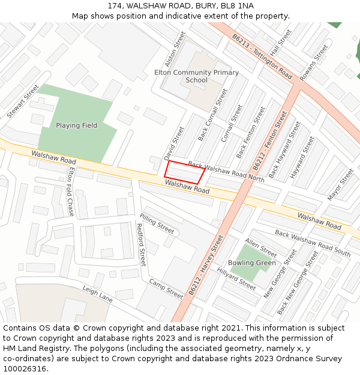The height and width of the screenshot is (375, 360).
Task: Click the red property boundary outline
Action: click(x=185, y=172)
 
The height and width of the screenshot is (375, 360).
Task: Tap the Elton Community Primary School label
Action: click(x=196, y=76)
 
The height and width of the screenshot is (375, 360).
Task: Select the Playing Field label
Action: click(x=76, y=125)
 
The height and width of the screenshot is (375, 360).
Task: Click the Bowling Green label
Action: click(x=252, y=263)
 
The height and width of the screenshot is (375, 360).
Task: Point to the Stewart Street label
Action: click(x=23, y=101)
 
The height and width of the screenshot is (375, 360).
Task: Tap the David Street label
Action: click(x=175, y=143)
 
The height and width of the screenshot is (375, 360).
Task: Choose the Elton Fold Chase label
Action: click(x=71, y=191)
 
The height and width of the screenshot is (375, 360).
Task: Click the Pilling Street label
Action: click(x=157, y=223)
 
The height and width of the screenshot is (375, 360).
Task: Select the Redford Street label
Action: click(x=141, y=245)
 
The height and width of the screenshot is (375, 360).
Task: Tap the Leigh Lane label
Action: click(x=97, y=293)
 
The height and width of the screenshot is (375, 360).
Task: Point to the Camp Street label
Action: click(x=166, y=289)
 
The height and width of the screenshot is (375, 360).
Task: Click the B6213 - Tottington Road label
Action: click(x=262, y=56)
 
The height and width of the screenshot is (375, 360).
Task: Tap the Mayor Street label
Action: click(x=341, y=185)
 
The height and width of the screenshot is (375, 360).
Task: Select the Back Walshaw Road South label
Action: click(x=313, y=242)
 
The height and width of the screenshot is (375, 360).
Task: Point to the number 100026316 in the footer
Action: click(x=25, y=368)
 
